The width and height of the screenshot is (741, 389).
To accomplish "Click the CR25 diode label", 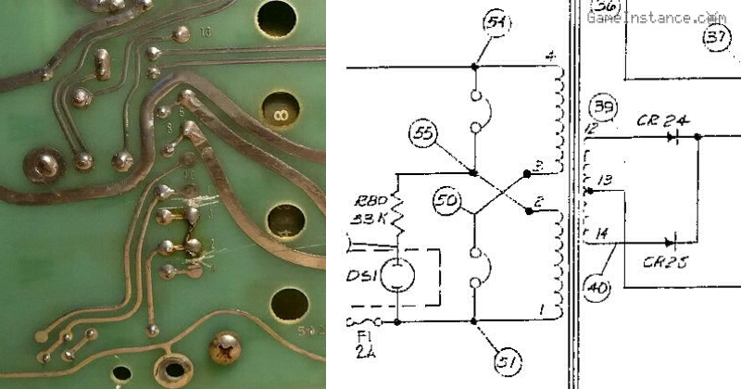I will coord(666,262).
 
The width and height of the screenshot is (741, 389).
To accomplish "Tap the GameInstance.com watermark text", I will coord(657,16).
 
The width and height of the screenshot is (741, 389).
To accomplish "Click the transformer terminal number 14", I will coord(602,233).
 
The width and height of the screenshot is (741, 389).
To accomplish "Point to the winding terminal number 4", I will coord(550,57).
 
